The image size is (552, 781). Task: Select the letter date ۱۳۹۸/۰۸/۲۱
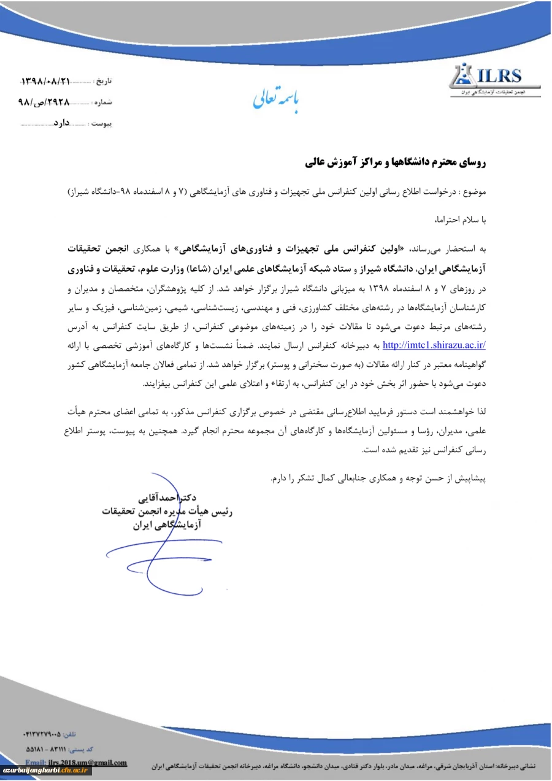(46, 80)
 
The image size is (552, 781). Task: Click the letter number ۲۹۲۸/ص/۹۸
(44, 102)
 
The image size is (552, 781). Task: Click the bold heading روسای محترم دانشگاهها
(396, 163)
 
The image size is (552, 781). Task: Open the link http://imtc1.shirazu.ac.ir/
(434, 345)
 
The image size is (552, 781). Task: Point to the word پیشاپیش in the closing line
(470, 477)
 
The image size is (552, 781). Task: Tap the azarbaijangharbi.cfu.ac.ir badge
(46, 771)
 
